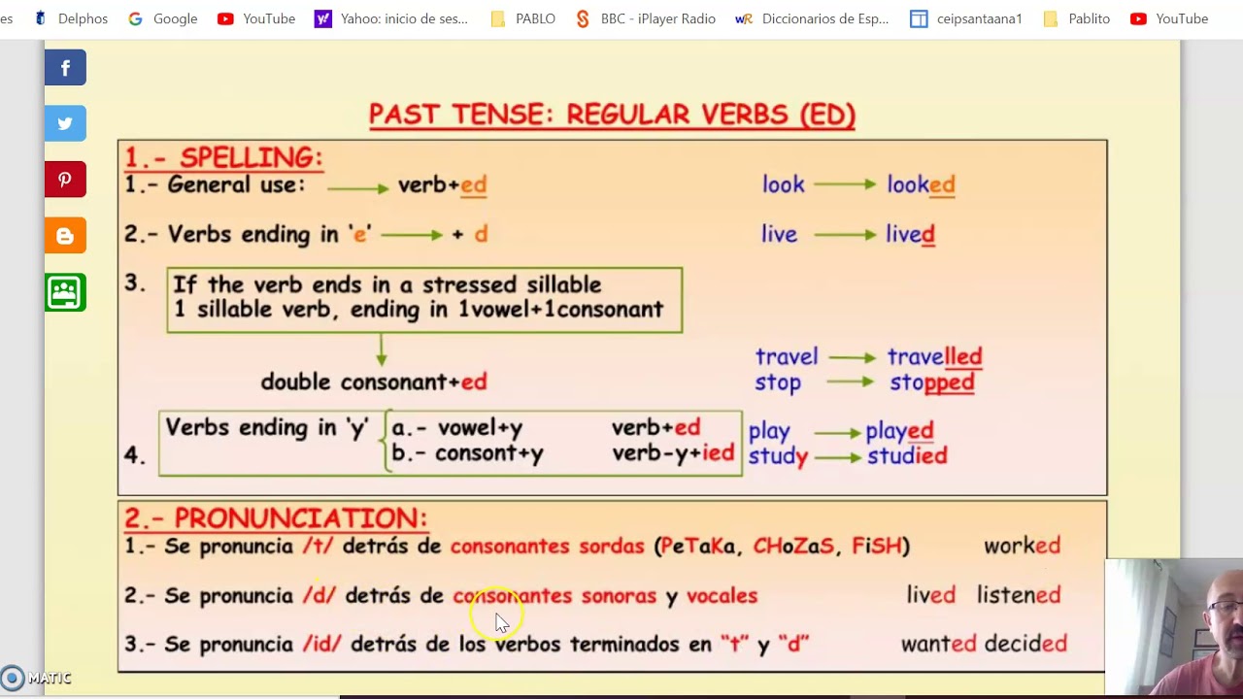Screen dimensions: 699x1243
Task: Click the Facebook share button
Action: tap(65, 68)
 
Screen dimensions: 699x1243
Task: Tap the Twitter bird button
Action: tap(65, 123)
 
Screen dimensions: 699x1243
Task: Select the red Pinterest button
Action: tap(65, 180)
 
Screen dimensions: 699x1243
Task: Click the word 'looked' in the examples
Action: tap(921, 184)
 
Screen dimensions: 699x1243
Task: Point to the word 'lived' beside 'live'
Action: tap(910, 234)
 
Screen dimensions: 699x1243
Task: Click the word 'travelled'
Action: tap(934, 356)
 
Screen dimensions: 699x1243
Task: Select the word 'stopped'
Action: tap(931, 382)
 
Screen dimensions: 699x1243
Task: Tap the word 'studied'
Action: tap(906, 455)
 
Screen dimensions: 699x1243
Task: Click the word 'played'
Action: tap(899, 430)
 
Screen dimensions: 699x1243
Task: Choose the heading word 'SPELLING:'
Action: tap(251, 157)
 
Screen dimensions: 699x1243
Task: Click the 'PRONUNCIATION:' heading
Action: tap(300, 517)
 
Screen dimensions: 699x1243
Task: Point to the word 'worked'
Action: tap(1022, 546)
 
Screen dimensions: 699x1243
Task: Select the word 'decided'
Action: tap(1025, 644)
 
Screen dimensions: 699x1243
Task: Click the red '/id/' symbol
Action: tap(321, 644)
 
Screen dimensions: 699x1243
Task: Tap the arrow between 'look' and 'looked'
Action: tap(845, 184)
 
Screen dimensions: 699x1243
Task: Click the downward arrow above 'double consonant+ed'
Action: tap(381, 349)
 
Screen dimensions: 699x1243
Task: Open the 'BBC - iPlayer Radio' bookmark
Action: tap(646, 18)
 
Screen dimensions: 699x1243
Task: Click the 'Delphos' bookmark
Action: tap(71, 18)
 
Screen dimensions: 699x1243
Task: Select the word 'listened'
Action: tap(1019, 595)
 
